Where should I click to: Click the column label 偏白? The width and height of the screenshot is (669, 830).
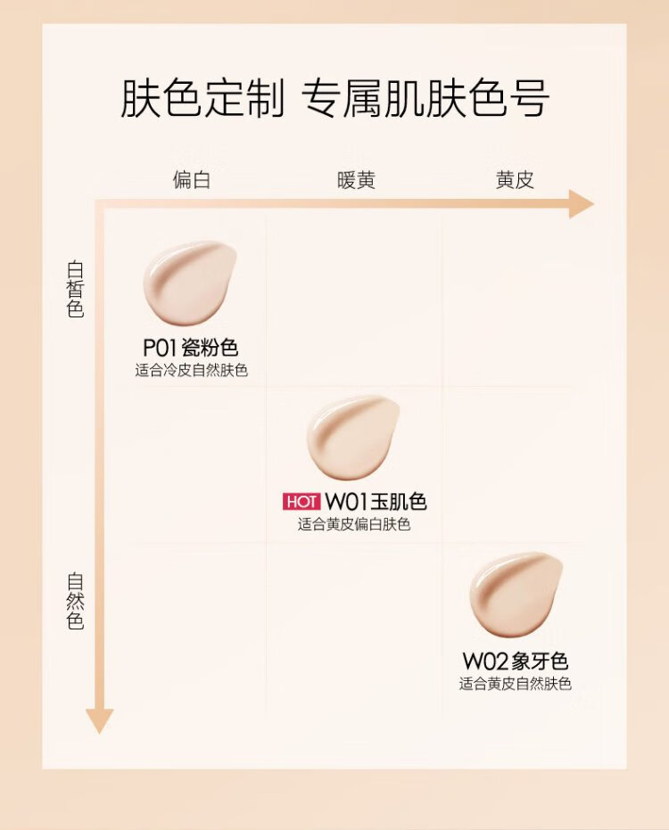(192, 180)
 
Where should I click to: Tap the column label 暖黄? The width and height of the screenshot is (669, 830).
(356, 180)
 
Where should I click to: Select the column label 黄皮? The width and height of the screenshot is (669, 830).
(515, 180)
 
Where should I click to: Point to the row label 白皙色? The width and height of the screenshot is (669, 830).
(76, 289)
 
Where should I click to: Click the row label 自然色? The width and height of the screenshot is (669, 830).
(76, 601)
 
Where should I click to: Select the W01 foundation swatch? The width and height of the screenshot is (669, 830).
(352, 437)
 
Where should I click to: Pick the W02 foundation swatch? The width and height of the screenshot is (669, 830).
(516, 594)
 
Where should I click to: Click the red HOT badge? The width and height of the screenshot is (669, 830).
(301, 501)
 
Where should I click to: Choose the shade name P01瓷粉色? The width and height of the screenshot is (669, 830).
(191, 348)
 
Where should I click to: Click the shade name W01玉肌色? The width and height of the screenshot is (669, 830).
(376, 501)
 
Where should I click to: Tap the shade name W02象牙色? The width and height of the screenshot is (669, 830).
(515, 662)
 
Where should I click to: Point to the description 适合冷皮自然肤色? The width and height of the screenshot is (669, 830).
(191, 370)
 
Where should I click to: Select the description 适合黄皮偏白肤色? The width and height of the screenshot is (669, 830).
(354, 524)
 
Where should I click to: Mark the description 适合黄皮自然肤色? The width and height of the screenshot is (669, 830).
(515, 685)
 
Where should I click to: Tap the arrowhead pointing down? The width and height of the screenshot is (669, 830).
(100, 719)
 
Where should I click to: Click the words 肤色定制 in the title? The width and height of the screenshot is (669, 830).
(202, 99)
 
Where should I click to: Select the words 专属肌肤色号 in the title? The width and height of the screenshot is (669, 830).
(425, 99)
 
